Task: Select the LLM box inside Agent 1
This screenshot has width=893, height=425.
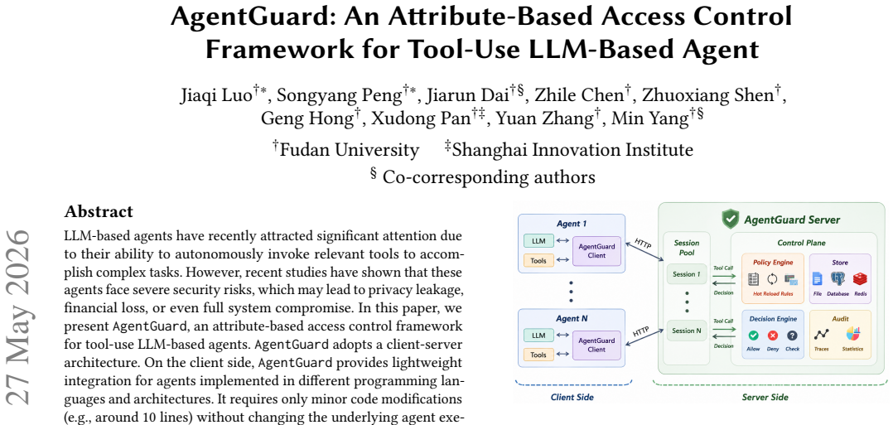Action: pos(538,241)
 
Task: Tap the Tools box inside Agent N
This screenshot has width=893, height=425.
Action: pos(538,355)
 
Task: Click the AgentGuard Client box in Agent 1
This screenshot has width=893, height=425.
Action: pos(596,251)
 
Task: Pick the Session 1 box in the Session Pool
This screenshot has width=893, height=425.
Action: pos(687,274)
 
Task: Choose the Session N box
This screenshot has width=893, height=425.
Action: pos(687,331)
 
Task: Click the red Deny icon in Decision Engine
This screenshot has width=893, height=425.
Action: pos(772,336)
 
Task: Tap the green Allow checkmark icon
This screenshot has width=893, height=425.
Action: pos(754,336)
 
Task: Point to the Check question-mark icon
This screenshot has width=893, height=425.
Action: pos(792,336)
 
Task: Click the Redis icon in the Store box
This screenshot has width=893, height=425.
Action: pos(859,279)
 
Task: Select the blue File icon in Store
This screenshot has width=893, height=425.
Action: pos(818,279)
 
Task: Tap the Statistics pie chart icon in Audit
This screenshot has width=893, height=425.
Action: pos(852,335)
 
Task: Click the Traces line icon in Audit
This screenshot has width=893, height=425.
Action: pos(821,335)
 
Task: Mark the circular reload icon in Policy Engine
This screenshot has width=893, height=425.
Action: pos(772,279)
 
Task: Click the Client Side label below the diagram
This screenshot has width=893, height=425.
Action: pos(571,397)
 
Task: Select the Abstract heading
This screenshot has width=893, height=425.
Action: pos(99,212)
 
